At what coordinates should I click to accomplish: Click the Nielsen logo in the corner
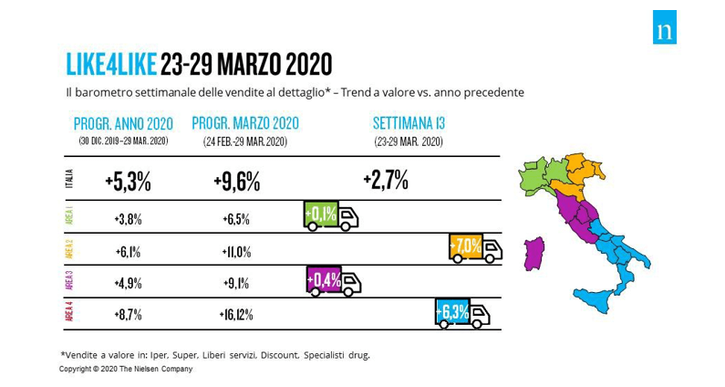click(665, 31)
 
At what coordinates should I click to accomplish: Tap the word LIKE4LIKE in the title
click(111, 64)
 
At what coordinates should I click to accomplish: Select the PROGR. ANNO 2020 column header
click(123, 123)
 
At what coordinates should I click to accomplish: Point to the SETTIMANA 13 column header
click(408, 123)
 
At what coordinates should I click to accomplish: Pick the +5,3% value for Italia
click(128, 181)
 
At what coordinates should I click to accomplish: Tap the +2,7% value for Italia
click(385, 179)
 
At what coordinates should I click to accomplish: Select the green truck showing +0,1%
click(329, 215)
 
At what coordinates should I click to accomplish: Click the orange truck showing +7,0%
click(475, 248)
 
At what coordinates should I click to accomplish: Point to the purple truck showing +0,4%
click(333, 281)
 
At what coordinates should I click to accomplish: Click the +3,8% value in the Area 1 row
click(128, 219)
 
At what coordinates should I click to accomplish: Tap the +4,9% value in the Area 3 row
click(128, 283)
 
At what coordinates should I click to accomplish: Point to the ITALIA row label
click(69, 181)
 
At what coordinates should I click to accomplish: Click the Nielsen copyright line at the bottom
click(126, 369)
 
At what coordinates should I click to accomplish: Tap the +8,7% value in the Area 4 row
click(128, 315)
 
